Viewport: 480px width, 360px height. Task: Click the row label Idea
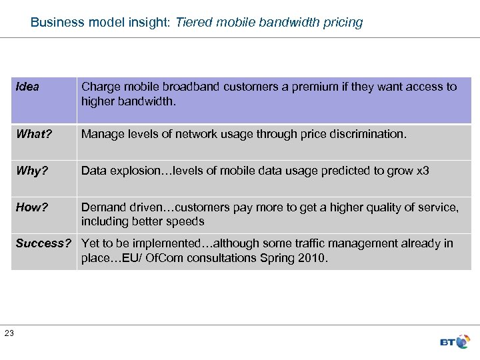tap(27, 87)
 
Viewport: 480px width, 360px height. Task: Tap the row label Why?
tap(32, 171)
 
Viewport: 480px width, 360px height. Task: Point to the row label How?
tap(32, 207)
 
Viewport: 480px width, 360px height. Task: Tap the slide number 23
tap(9, 333)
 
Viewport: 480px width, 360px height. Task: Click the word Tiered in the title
tap(193, 22)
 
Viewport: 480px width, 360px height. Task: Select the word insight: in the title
tap(149, 22)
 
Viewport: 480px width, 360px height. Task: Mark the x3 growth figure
tap(423, 171)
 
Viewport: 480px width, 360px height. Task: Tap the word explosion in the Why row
tap(138, 171)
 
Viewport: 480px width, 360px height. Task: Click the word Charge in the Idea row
tap(100, 87)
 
